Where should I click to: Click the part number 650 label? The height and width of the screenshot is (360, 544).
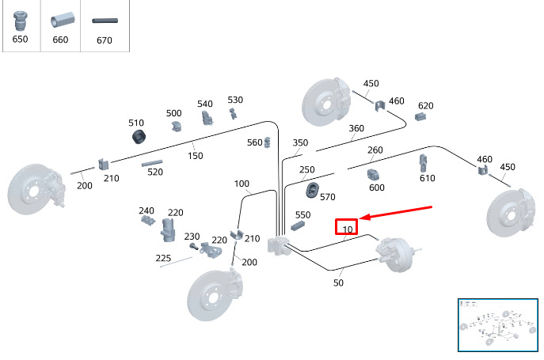point(20,39)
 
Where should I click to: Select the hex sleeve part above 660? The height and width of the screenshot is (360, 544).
point(63,20)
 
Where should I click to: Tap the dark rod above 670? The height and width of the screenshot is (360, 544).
point(105,21)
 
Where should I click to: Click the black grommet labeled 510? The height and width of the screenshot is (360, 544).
point(139,137)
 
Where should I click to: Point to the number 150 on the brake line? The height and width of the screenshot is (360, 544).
point(196,156)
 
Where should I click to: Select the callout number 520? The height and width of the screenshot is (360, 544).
point(155,172)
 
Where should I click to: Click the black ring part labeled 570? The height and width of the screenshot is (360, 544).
point(313,190)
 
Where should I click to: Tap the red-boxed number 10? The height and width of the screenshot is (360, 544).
point(348,229)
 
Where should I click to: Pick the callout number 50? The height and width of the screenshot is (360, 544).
point(338,282)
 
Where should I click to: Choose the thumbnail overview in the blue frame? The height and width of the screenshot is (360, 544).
point(498,325)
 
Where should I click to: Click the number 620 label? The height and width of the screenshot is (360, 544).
point(426,106)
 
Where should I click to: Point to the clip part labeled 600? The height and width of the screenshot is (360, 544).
point(373,174)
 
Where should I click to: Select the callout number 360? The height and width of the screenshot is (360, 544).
point(356,128)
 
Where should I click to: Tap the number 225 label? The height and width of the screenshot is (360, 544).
point(163,258)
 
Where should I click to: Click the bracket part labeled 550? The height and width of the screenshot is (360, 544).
point(298,226)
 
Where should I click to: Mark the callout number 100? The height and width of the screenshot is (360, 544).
point(242,184)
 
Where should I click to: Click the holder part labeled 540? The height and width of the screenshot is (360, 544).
point(207,118)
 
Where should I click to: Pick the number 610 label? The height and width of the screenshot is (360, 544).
point(428,178)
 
